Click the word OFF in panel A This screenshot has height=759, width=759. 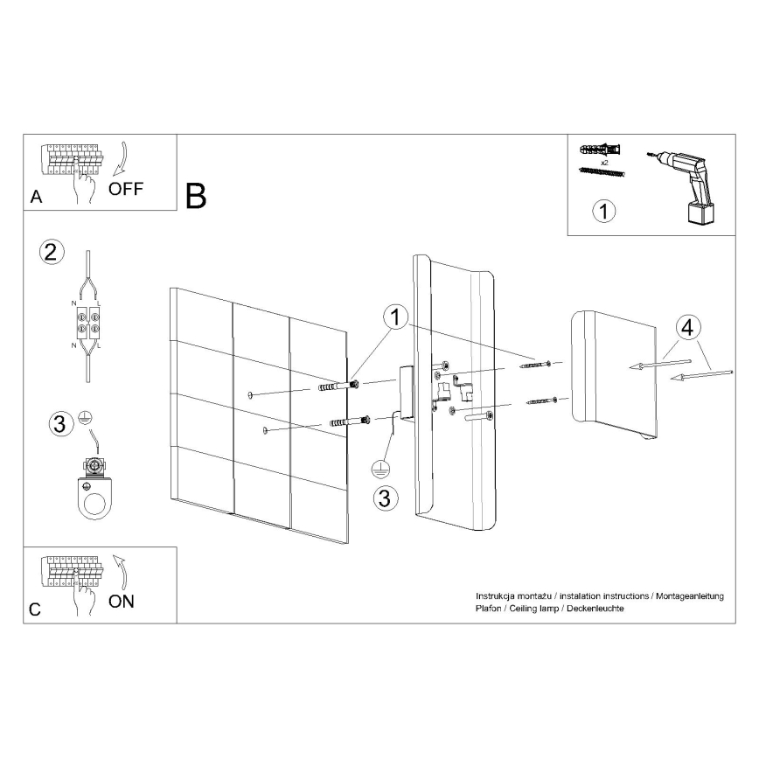[x=126, y=188]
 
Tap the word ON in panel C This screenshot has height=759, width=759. [x=121, y=602]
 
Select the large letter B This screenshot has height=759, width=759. [x=196, y=196]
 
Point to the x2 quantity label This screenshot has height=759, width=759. [x=604, y=163]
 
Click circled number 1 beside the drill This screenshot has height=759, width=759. [x=603, y=211]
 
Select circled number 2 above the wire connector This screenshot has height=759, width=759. [x=52, y=252]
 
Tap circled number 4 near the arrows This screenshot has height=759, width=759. [x=687, y=328]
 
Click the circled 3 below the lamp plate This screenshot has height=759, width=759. [x=386, y=498]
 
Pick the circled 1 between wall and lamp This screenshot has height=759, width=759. [x=395, y=317]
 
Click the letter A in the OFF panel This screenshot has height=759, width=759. [x=37, y=197]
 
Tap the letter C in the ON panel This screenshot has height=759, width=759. [x=35, y=609]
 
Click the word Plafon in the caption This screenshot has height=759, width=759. [x=488, y=609]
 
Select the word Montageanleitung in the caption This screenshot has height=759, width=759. [x=690, y=595]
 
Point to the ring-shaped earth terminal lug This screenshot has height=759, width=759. [x=94, y=498]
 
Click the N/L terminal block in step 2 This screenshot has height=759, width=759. [x=87, y=323]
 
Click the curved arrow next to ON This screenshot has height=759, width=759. [x=120, y=572]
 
